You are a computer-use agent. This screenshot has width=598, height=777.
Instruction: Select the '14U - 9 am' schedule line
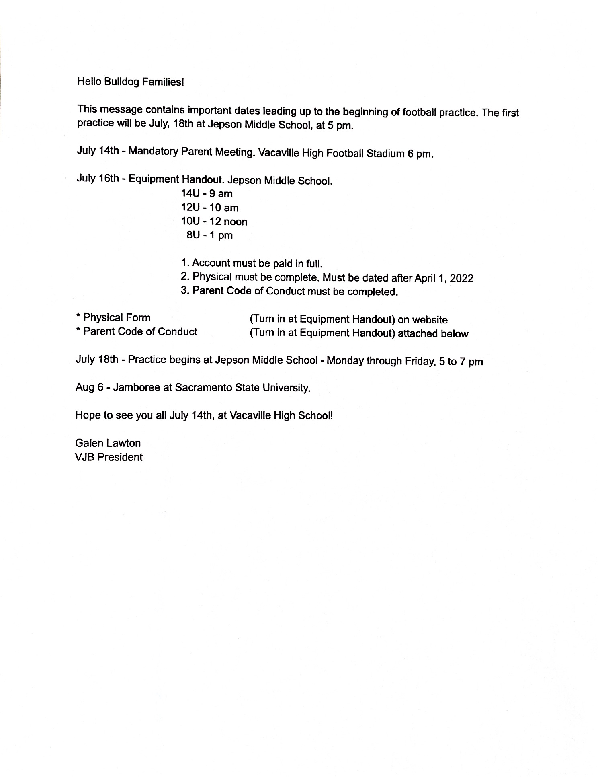[x=207, y=193]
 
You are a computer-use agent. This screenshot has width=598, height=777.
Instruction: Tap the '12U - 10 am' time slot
[x=210, y=208]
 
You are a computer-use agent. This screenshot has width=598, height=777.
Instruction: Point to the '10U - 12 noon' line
[x=214, y=222]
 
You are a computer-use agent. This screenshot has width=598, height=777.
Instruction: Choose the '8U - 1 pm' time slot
[x=210, y=235]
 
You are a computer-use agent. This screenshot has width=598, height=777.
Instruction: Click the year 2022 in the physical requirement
[x=462, y=278]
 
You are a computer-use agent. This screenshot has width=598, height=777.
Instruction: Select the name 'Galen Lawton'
[x=108, y=443]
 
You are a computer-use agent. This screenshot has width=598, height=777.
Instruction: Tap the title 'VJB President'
[x=109, y=457]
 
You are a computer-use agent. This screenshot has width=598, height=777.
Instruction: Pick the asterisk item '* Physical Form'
[x=113, y=318]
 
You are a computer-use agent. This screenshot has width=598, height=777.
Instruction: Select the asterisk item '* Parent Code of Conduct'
[x=136, y=332]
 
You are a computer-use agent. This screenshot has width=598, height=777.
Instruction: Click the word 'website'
[x=430, y=320]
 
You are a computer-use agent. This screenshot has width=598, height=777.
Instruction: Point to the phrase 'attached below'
[x=433, y=334]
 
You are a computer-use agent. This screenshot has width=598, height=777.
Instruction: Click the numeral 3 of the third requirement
[x=184, y=290]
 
